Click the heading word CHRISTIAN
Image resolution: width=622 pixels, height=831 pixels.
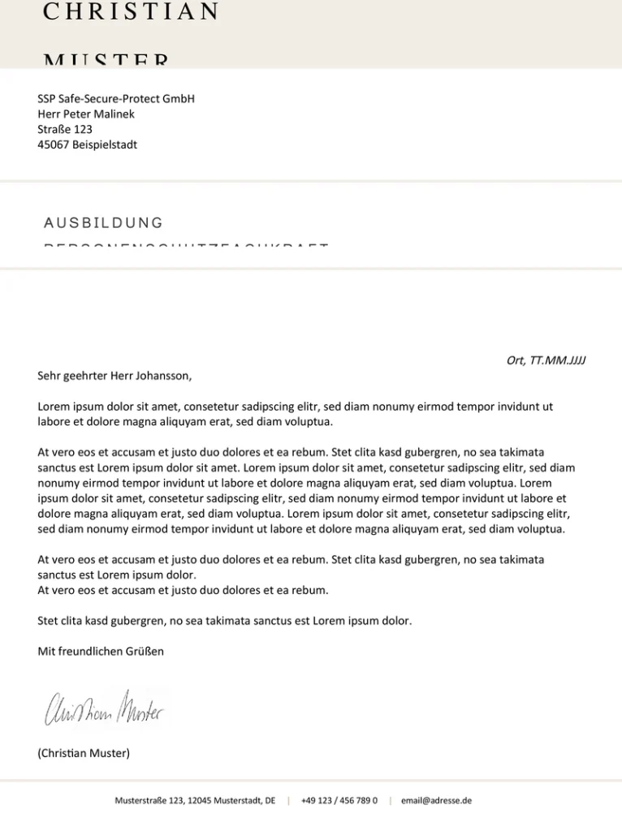[x=131, y=11]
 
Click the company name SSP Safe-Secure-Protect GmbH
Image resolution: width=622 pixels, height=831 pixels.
[x=116, y=99]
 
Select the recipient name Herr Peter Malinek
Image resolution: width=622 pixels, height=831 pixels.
[x=86, y=114]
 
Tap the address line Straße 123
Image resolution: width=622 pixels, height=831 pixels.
[x=65, y=130]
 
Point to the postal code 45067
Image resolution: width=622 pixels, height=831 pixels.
[x=54, y=145]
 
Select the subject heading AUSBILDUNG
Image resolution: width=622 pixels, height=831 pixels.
[x=103, y=223]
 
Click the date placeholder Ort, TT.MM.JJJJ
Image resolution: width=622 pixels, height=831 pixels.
[x=546, y=360]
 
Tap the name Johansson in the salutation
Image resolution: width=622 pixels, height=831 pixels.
[x=162, y=376]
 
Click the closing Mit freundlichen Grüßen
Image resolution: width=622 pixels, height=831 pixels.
[x=101, y=652]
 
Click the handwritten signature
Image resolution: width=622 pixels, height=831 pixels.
[x=104, y=709]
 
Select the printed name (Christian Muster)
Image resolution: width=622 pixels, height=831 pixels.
[x=84, y=753]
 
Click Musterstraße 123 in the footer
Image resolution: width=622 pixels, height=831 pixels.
[x=149, y=800]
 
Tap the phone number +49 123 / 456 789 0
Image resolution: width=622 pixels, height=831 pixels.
[x=339, y=800]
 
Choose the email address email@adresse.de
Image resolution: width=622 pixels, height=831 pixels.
[x=436, y=800]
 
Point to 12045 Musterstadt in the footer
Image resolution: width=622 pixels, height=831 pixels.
[x=231, y=800]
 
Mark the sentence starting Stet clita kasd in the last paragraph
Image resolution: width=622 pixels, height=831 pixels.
[x=225, y=622]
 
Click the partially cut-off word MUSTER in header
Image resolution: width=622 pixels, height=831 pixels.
[x=106, y=62]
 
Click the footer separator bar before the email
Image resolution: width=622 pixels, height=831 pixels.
[x=390, y=800]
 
